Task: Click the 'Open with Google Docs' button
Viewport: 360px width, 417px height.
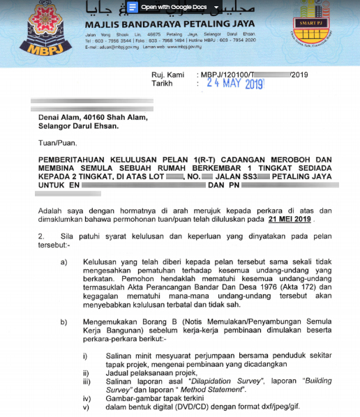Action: pyautogui.click(x=174, y=7)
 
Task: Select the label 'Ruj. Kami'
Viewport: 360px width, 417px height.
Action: pyautogui.click(x=168, y=74)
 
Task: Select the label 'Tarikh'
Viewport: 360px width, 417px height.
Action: pyautogui.click(x=162, y=83)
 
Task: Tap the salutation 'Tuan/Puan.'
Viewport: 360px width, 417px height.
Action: pyautogui.click(x=57, y=144)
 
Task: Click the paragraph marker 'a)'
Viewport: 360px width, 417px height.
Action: pyautogui.click(x=64, y=261)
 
